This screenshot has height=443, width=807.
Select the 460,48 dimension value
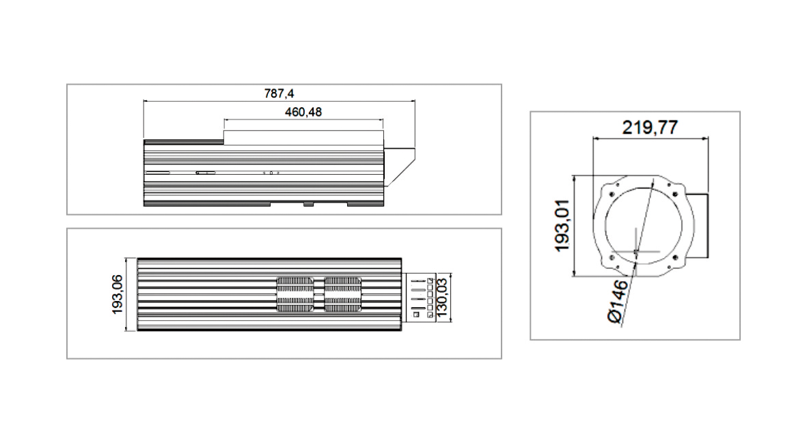point(303,112)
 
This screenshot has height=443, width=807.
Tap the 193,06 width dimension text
point(118,295)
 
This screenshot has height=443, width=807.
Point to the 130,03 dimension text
point(441,298)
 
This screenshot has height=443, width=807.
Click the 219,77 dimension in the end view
point(649,128)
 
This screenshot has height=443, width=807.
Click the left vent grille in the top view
point(296,295)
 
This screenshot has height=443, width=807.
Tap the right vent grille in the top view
point(342,295)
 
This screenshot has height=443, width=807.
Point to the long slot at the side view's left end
point(157,173)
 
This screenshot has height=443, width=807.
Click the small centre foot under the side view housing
point(309,203)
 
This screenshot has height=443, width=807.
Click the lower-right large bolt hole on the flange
point(675,257)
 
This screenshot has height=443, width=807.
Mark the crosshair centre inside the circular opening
point(635,252)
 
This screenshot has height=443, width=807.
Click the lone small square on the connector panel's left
point(415,315)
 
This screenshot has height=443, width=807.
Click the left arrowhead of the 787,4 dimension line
point(146,101)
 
